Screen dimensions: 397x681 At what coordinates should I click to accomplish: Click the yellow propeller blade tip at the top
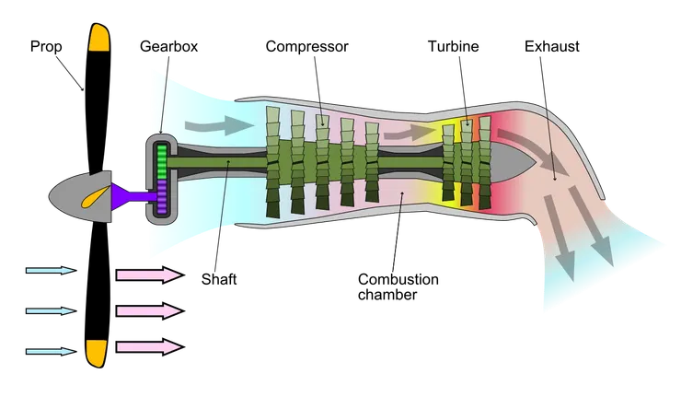(x=98, y=39)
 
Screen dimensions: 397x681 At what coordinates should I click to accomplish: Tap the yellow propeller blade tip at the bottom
(x=96, y=352)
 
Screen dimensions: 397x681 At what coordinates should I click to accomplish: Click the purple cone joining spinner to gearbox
(x=124, y=194)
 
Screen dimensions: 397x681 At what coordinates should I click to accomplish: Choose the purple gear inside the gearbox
(x=163, y=197)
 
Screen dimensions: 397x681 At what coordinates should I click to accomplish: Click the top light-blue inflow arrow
(x=50, y=272)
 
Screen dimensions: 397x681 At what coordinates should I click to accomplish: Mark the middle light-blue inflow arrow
(x=50, y=311)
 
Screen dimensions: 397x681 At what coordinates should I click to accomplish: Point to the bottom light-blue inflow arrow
(x=50, y=350)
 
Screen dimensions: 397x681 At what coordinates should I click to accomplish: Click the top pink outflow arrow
(x=147, y=274)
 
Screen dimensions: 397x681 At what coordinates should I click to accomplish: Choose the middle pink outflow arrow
(x=147, y=311)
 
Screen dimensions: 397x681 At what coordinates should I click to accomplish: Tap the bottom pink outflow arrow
(x=147, y=347)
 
